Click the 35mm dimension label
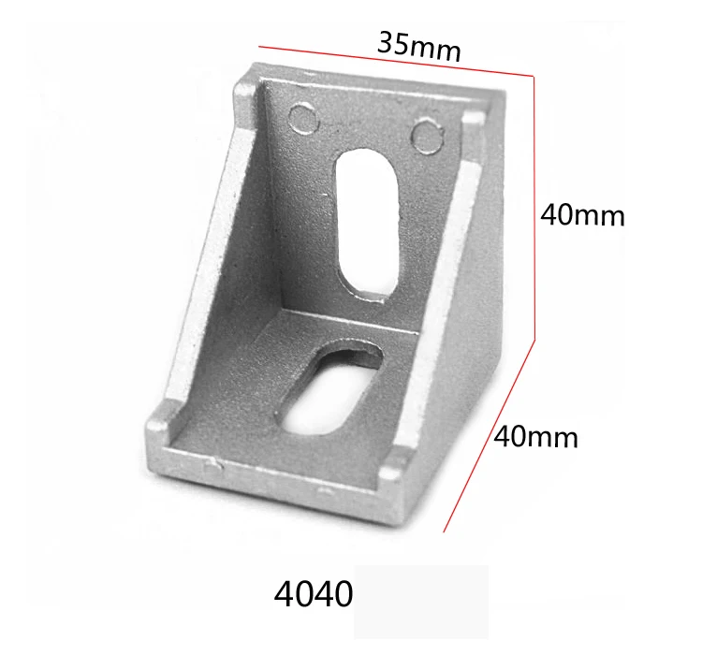419,47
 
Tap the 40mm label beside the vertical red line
582,215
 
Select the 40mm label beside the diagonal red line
535,437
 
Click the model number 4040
314,594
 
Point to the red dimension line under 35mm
396,62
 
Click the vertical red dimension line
534,208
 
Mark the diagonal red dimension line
489,437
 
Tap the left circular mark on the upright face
304,118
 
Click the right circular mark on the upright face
427,135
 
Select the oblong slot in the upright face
368,226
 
